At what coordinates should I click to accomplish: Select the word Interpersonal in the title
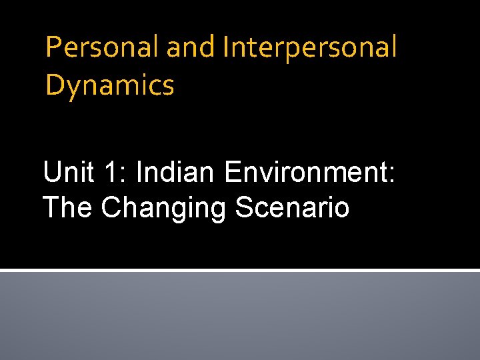click(310, 47)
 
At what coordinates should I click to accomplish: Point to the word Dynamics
click(110, 86)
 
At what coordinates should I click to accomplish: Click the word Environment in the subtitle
click(307, 173)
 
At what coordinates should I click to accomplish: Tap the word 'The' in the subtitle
click(67, 207)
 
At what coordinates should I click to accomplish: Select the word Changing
click(164, 207)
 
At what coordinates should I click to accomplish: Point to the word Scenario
click(292, 207)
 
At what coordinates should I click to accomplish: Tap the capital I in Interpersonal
click(227, 47)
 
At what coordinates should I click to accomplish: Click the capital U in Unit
click(52, 173)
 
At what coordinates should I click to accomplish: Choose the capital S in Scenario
click(245, 207)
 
